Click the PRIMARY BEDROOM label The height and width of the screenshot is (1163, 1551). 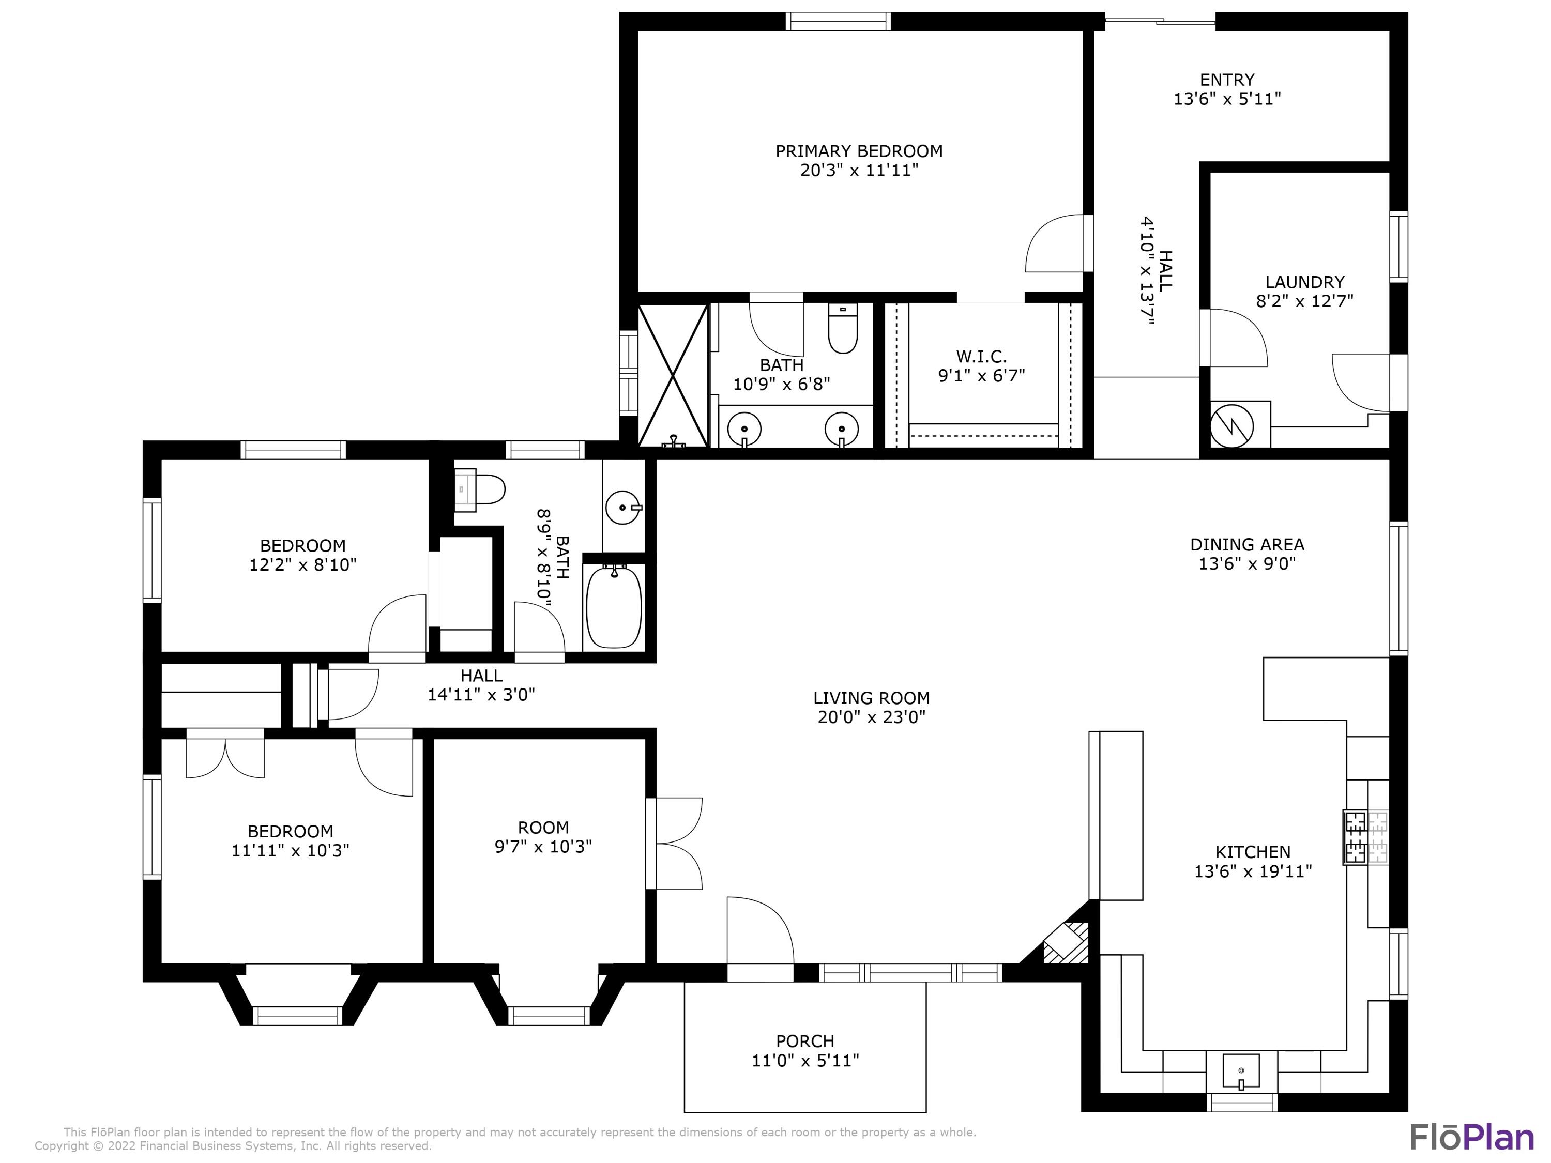(858, 151)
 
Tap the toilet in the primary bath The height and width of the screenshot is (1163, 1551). (842, 329)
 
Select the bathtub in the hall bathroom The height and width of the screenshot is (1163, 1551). (614, 607)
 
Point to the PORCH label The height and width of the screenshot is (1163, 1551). (804, 1041)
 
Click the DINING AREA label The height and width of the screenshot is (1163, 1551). (1246, 544)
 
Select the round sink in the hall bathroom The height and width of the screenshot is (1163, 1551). (622, 508)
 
